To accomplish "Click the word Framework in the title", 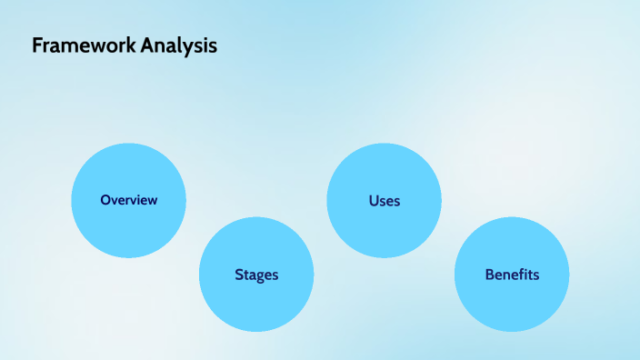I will pos(84,45).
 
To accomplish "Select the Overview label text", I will pos(128,200).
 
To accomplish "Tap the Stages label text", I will pos(256,275).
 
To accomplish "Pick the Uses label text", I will pos(384,200).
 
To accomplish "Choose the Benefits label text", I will pos(512,275).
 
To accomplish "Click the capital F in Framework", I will pos(37,45).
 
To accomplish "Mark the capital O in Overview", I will pos(105,200).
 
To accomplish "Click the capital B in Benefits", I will pos(489,275).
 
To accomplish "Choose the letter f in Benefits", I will pos(518,275).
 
